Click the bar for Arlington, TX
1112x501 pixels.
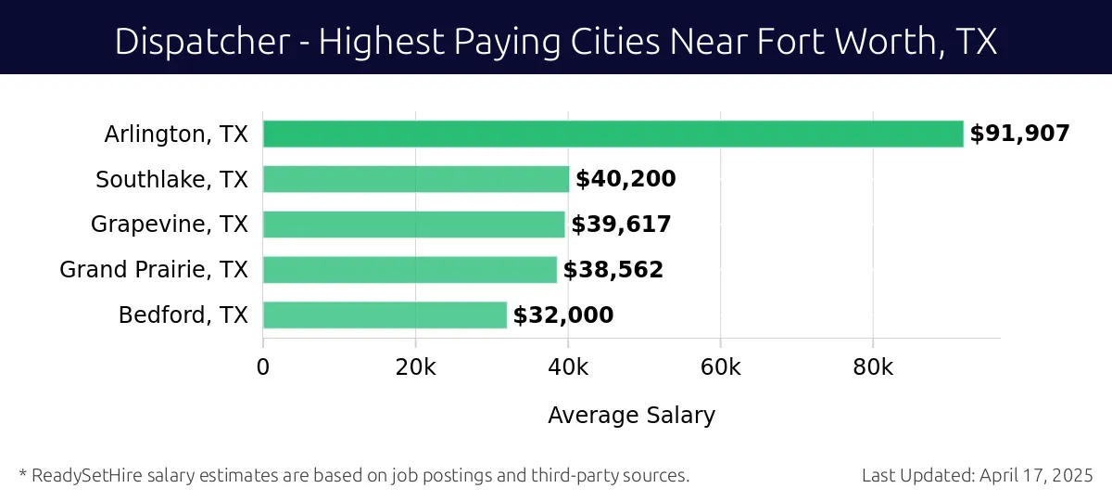click(613, 134)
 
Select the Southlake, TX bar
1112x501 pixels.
click(415, 179)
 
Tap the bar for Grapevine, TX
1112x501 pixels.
click(413, 225)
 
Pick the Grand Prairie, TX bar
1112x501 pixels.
click(410, 270)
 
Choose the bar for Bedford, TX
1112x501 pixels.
click(385, 315)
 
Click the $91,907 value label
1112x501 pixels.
click(1019, 134)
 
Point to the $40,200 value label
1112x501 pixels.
click(625, 179)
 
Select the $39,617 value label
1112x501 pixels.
click(621, 225)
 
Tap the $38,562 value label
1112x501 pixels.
click(613, 270)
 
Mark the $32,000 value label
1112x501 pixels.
click(563, 315)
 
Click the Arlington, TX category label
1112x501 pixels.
click(176, 134)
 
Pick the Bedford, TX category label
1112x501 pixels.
click(183, 315)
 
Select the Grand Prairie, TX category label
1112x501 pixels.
click(154, 270)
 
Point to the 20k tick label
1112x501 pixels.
click(415, 367)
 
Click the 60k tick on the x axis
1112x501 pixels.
click(720, 367)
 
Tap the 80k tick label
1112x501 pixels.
click(873, 367)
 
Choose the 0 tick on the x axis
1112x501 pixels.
click(263, 367)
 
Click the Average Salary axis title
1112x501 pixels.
click(631, 415)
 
